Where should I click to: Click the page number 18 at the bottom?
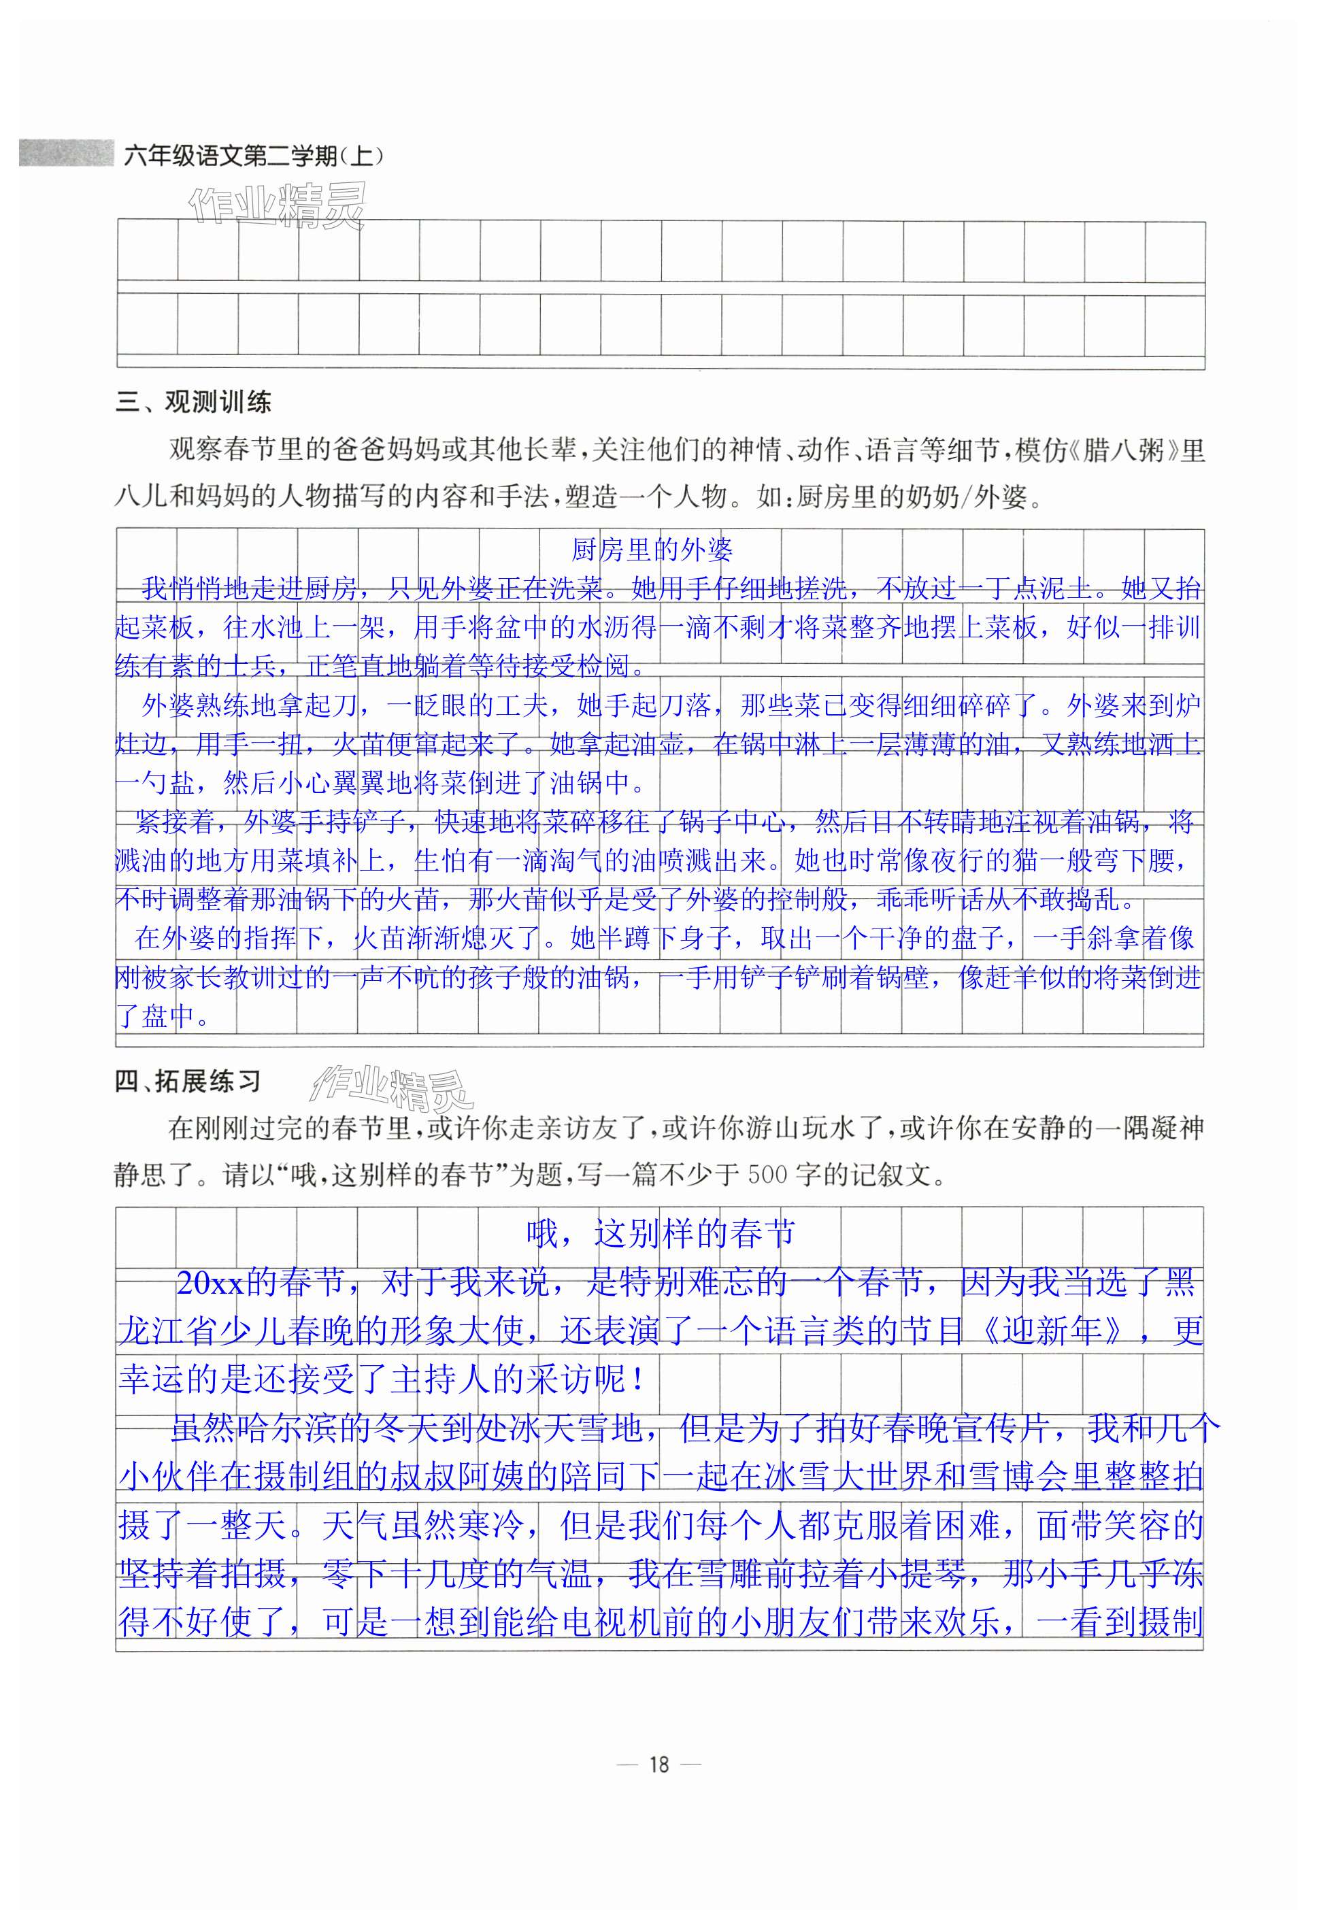pos(658,1764)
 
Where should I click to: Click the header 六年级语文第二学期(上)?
pos(253,155)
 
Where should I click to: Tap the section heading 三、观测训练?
pos(193,403)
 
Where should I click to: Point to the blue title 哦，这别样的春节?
pos(661,1234)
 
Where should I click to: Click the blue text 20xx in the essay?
pos(209,1284)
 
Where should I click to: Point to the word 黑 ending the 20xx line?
pos(1180,1284)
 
